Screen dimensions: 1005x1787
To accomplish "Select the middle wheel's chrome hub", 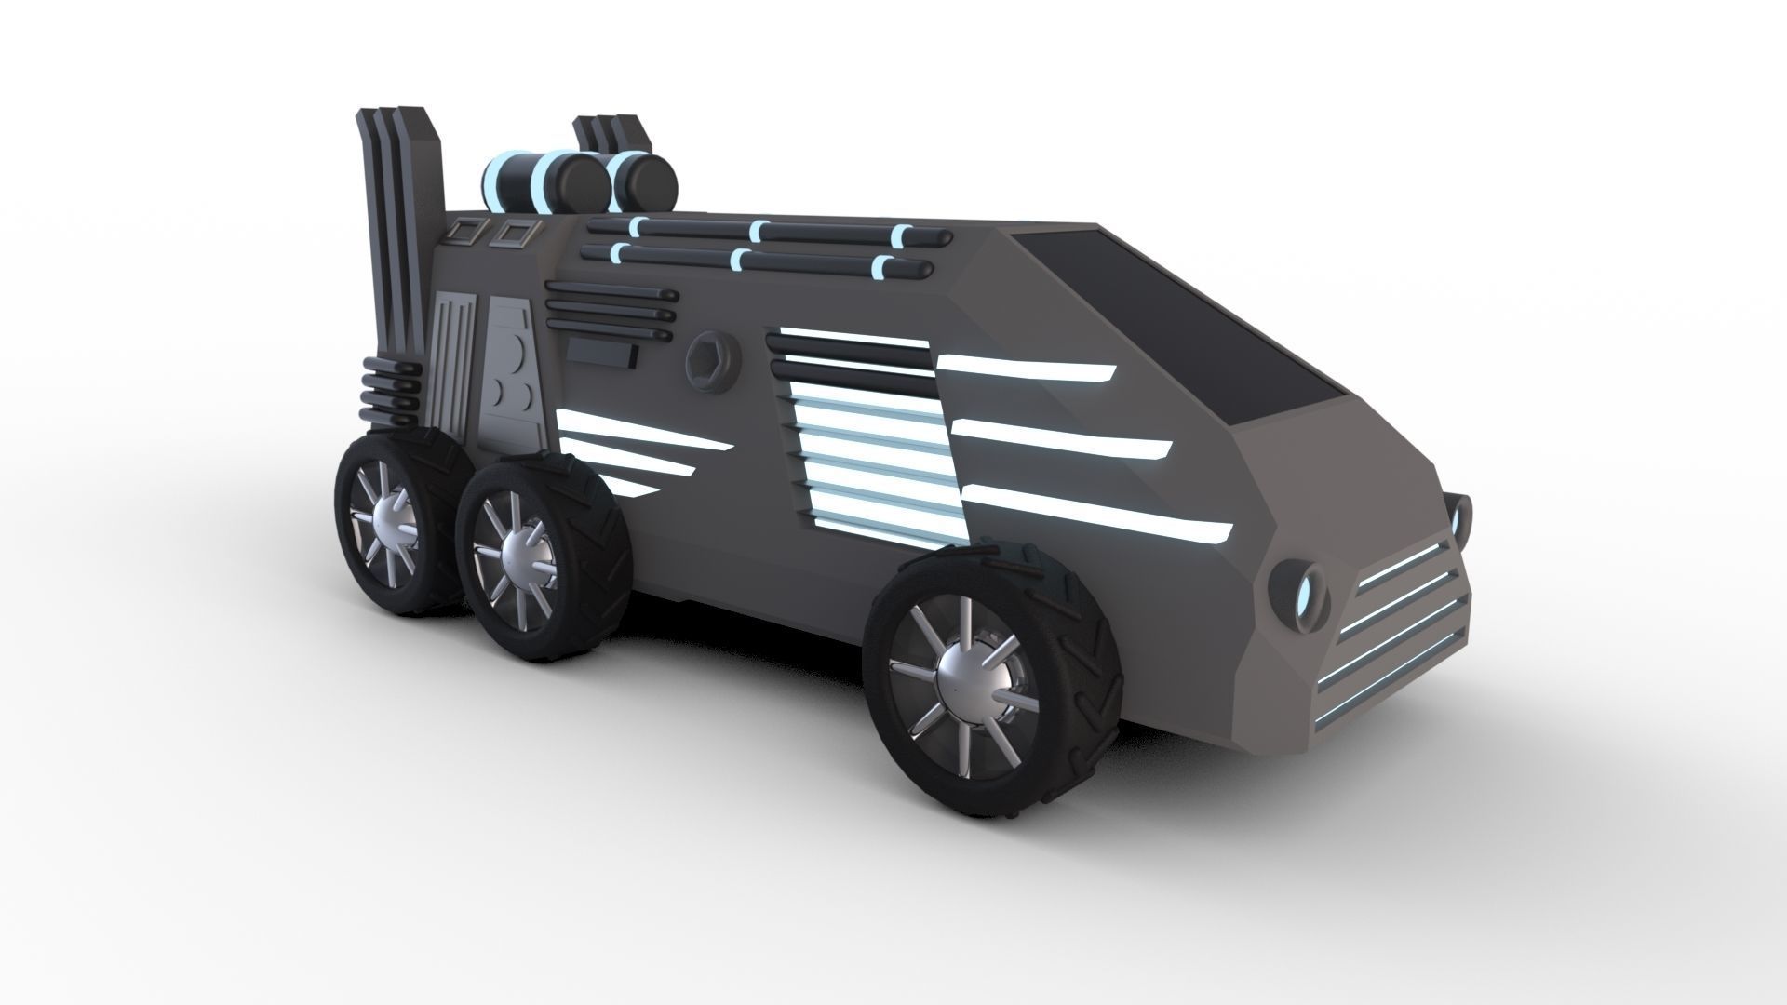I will pos(518,556).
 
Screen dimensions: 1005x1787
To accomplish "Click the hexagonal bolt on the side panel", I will pos(709,356).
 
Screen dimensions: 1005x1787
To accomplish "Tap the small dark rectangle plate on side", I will pos(600,353).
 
